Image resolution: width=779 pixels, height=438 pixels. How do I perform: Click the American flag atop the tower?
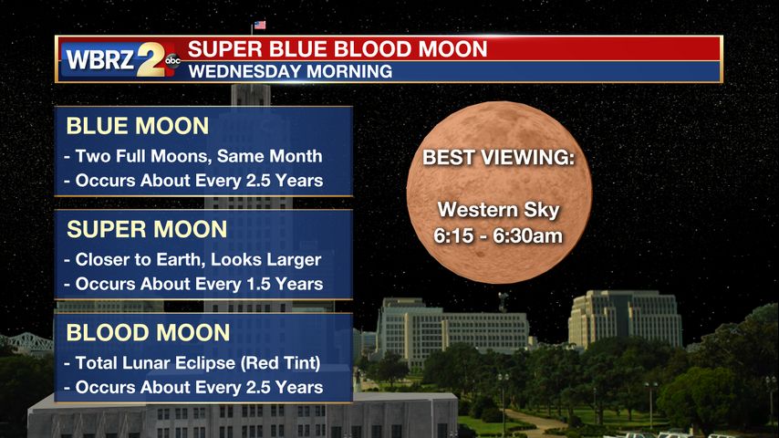pyautogui.click(x=259, y=25)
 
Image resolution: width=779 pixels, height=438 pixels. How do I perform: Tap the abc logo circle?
pyautogui.click(x=172, y=61)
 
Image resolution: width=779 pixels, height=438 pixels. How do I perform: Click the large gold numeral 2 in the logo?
pyautogui.click(x=151, y=59)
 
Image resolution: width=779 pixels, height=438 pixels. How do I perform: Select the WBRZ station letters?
pyautogui.click(x=99, y=60)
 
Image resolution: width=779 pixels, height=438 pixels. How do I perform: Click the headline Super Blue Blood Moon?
pyautogui.click(x=338, y=49)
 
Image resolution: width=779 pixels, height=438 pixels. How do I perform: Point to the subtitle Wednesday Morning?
pyautogui.click(x=290, y=71)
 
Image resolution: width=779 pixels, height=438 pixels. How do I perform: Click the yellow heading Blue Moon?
pyautogui.click(x=138, y=126)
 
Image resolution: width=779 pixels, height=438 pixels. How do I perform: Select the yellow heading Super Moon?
pyautogui.click(x=147, y=229)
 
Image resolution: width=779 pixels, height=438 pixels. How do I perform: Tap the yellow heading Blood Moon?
pyautogui.click(x=148, y=332)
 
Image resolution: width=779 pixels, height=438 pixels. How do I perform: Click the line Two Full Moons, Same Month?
pyautogui.click(x=199, y=156)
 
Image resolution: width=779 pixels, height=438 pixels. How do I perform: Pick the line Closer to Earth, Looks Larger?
pyautogui.click(x=198, y=259)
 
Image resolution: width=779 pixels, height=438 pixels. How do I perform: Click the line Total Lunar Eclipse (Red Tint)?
pyautogui.click(x=198, y=363)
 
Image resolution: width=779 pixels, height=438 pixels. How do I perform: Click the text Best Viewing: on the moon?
pyautogui.click(x=498, y=158)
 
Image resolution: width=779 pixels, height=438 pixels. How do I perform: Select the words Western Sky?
pyautogui.click(x=498, y=210)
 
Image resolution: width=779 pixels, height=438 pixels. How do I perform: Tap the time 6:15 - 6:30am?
pyautogui.click(x=498, y=235)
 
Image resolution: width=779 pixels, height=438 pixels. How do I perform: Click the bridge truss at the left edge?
pyautogui.click(x=26, y=342)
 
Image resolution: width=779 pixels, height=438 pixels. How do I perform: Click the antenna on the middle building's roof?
pyautogui.click(x=503, y=302)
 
